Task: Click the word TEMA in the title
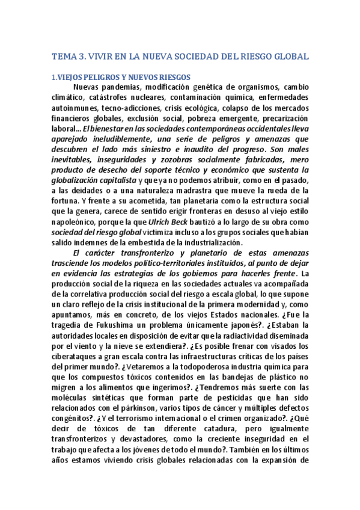point(65,57)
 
